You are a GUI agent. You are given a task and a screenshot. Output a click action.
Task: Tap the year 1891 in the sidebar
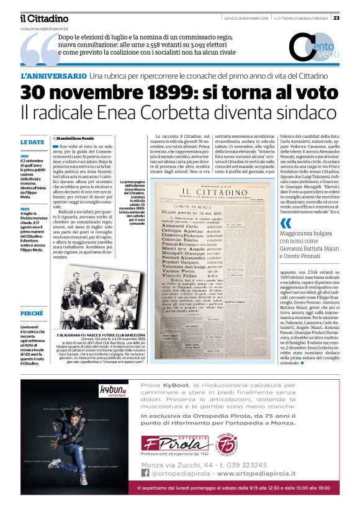pos(25,156)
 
